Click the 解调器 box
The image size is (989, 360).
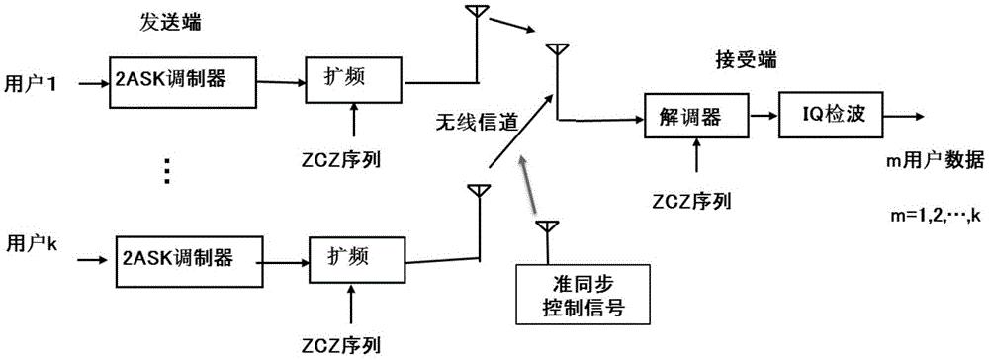coord(695,118)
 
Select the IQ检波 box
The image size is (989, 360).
coord(829,118)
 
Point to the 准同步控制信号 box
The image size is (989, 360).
coord(582,296)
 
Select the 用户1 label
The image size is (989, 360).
coord(29,85)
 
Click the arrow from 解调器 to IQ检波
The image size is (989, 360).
coord(763,118)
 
